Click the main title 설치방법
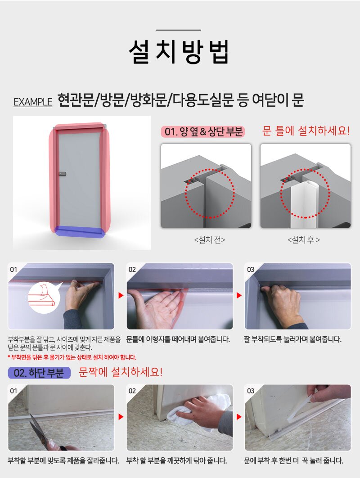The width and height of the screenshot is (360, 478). (x=179, y=51)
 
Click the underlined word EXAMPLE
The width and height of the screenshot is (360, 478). (x=33, y=102)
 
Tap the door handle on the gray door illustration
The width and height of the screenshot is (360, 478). (x=62, y=174)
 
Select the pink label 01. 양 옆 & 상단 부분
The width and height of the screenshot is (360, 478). (x=203, y=132)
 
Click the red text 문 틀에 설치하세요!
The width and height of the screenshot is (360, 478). (x=306, y=131)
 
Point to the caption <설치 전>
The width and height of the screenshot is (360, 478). (x=209, y=240)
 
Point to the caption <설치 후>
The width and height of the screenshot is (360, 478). (x=304, y=240)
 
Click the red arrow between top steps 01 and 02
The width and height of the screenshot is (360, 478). (x=121, y=295)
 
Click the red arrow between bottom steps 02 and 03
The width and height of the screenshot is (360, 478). (x=239, y=417)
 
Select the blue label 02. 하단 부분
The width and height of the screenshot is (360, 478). (x=39, y=373)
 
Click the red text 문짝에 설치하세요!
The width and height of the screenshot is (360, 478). (x=121, y=372)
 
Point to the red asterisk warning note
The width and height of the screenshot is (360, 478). (x=72, y=357)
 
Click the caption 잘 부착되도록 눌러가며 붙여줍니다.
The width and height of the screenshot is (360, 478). (x=292, y=339)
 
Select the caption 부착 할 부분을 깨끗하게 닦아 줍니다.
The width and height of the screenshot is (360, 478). (x=176, y=460)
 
